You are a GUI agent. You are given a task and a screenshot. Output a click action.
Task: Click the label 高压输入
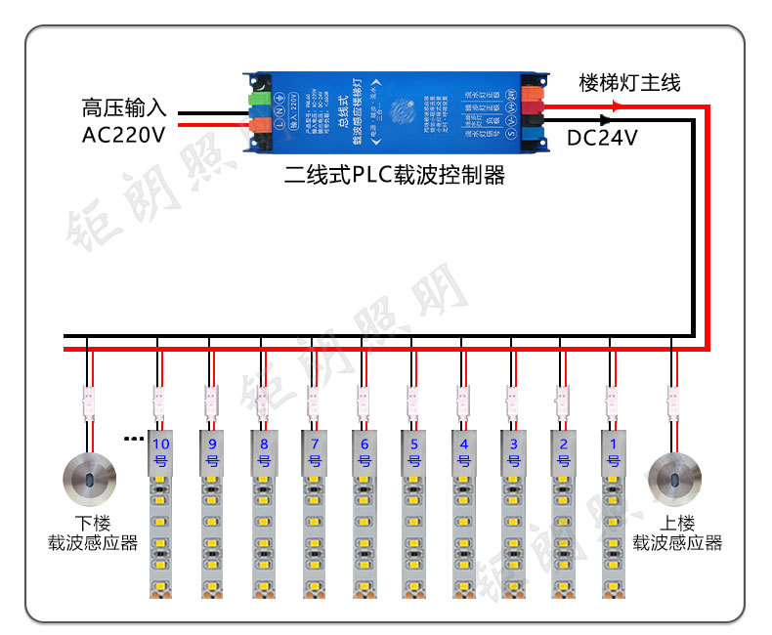click(125, 106)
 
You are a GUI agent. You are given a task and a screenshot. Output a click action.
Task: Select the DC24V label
click(602, 139)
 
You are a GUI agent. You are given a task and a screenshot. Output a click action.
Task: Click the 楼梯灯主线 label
click(629, 83)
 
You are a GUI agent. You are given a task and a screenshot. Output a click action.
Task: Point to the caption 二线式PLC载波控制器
click(394, 175)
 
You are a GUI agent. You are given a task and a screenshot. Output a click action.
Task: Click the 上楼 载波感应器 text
click(676, 532)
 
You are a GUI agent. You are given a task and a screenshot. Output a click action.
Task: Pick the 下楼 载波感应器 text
click(93, 532)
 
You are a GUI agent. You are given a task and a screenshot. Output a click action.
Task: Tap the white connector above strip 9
click(210, 400)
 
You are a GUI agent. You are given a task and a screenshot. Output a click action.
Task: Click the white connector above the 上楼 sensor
click(673, 400)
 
